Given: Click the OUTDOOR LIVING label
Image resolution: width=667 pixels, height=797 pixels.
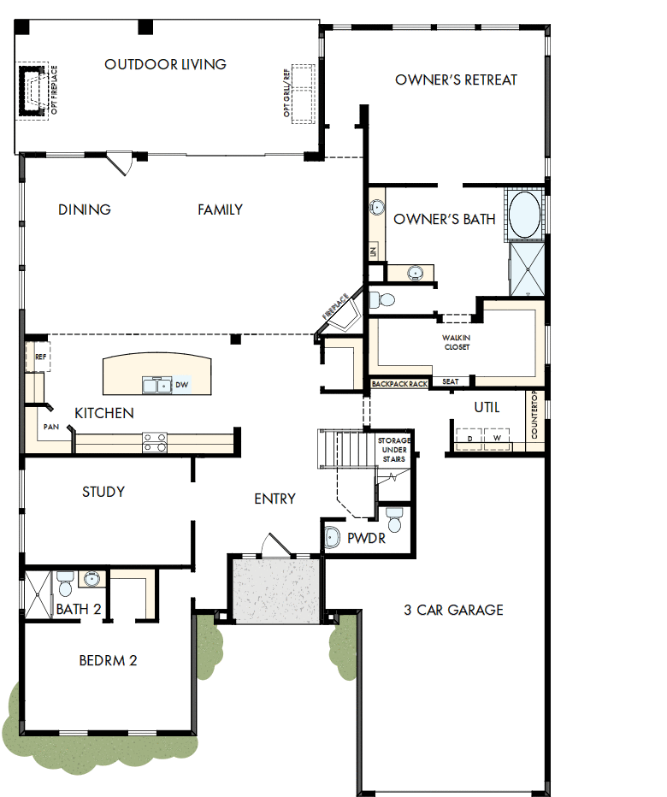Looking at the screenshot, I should (165, 64).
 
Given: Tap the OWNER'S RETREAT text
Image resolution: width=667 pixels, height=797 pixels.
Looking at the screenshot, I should (456, 80).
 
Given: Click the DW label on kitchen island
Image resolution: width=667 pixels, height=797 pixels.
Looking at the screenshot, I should (180, 386).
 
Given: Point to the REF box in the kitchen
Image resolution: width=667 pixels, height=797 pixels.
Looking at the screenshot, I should (39, 357).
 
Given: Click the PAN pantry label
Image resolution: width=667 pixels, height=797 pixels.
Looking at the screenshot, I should (51, 425).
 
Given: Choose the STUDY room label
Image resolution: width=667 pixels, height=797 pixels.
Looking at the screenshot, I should (103, 492).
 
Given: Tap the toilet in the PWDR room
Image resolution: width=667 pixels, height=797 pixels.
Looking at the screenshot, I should (394, 518).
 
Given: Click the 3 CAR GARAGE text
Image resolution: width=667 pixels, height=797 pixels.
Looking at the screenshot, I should (453, 610).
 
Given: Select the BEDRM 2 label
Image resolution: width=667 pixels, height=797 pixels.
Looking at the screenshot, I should (108, 660).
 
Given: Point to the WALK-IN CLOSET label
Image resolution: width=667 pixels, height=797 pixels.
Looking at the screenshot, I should (456, 342).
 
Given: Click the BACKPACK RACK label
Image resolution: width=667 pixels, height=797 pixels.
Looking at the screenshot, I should (399, 384).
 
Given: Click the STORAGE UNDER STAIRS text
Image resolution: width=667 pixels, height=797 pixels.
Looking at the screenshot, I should (393, 450).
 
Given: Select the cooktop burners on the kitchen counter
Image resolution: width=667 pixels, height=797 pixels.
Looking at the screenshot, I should (155, 441).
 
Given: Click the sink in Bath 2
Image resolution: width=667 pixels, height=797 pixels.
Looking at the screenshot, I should (91, 580).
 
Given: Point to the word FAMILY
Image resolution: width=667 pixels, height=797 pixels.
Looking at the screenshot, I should (220, 210).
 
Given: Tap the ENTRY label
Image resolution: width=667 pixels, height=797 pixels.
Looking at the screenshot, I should (274, 499).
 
